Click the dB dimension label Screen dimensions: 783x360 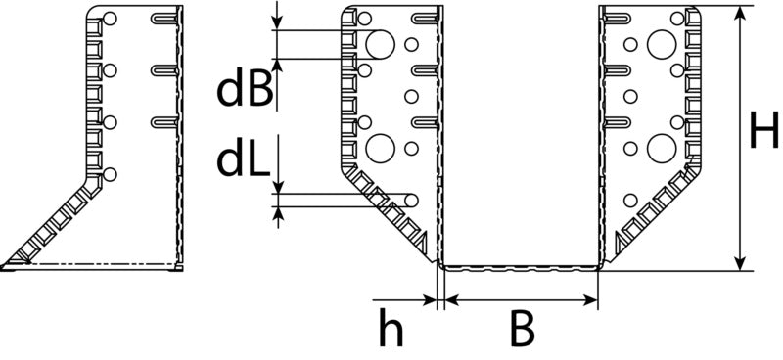click(245, 91)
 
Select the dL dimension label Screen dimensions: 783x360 click(243, 159)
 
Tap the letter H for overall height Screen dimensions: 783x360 click(764, 130)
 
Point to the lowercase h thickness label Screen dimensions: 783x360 click(391, 327)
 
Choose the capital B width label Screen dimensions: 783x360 click(523, 328)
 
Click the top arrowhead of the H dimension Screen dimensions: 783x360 click(741, 14)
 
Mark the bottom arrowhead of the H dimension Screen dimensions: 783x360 click(741, 263)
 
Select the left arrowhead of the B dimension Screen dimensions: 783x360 click(452, 300)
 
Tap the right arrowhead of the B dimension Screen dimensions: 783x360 click(590, 300)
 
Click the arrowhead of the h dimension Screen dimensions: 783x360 click(430, 300)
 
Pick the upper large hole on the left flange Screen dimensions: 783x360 click(381, 44)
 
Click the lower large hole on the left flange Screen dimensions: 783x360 click(381, 148)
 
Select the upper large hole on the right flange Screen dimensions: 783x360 click(662, 44)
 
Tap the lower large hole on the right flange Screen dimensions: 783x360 click(662, 148)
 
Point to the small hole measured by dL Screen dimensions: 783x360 click(411, 201)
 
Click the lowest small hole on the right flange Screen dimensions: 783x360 click(630, 201)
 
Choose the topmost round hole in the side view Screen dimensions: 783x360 click(110, 19)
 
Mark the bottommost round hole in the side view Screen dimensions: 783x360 click(110, 174)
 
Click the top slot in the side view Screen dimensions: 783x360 click(163, 19)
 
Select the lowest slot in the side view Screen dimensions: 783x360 click(163, 122)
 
